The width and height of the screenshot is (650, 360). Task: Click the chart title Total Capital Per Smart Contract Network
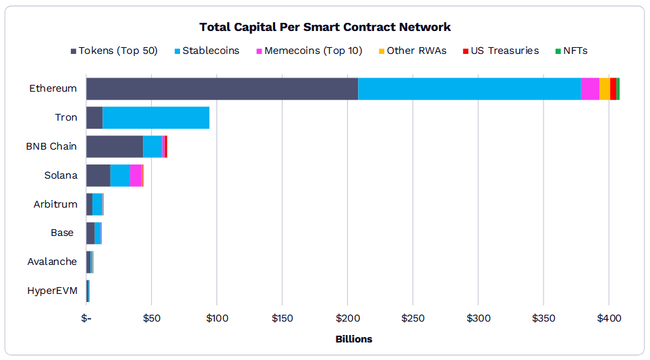click(x=325, y=27)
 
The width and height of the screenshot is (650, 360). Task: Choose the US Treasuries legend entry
click(x=500, y=51)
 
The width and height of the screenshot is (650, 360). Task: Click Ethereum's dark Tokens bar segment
click(x=222, y=89)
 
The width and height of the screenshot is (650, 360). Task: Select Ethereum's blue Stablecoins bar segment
click(x=469, y=89)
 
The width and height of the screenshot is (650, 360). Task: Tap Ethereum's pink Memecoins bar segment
click(x=590, y=89)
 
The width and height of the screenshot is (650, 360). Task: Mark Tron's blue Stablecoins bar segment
click(x=156, y=117)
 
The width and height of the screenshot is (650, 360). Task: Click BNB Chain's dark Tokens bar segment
click(x=114, y=146)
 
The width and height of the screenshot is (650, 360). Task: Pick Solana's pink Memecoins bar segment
click(x=136, y=175)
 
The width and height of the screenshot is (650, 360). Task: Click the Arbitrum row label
click(x=55, y=204)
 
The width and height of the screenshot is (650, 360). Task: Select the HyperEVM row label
click(x=52, y=291)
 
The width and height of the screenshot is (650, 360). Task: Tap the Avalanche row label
click(x=52, y=262)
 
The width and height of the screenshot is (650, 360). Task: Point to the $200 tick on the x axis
click(x=347, y=318)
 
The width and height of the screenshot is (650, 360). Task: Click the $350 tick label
click(x=543, y=318)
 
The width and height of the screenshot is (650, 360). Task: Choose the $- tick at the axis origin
click(x=86, y=318)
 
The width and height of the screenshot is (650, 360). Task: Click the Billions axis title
click(x=353, y=339)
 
